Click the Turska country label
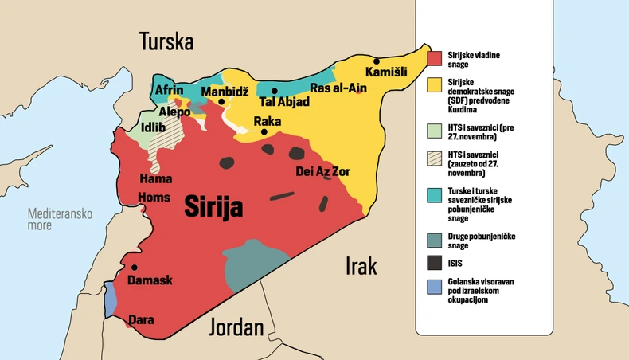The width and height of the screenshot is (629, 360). pos(166,41)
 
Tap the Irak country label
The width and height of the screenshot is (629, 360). pos(361,266)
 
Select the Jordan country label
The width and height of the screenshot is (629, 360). pos(236,327)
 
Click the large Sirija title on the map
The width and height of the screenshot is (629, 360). pos(213,205)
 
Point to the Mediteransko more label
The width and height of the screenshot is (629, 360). pos(61,219)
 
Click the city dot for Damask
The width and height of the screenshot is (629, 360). pos(134,268)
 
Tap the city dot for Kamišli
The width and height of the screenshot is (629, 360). pos(377,61)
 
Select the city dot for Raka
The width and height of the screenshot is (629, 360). pos(264,131)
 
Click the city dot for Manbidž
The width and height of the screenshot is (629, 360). pos(221,102)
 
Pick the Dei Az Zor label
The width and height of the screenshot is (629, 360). pos(322,171)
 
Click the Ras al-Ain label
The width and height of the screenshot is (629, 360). pos(338,88)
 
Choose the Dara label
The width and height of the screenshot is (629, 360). pos(141,319)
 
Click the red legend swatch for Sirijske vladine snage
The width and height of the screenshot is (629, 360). pos(434,58)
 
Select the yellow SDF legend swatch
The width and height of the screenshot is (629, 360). pos(434,83)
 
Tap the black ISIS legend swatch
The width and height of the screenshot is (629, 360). pos(434,262)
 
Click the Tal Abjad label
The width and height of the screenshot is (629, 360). pos(283,102)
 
